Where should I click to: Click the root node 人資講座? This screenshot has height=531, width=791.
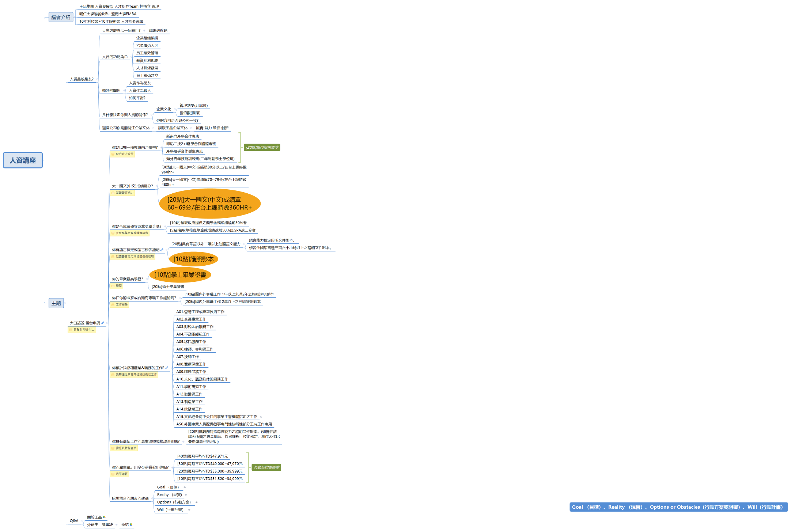(23, 160)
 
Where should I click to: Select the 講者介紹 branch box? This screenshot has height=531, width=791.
(61, 17)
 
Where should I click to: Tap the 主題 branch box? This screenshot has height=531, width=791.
(56, 303)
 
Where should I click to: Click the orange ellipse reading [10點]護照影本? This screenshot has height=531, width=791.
(193, 259)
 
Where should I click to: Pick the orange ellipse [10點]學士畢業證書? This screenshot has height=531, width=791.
(180, 275)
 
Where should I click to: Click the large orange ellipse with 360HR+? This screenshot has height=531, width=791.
(209, 204)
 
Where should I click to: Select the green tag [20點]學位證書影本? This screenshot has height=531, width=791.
(262, 148)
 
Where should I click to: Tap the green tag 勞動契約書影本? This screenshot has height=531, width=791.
(266, 467)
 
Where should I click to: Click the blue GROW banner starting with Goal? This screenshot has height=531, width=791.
(678, 507)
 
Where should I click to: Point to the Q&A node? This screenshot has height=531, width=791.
(74, 521)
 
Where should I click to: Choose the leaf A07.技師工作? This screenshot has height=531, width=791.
(188, 357)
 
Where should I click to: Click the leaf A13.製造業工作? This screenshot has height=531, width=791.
(189, 402)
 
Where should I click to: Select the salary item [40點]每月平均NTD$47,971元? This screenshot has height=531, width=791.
(203, 456)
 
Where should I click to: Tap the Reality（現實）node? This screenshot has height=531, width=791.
(169, 495)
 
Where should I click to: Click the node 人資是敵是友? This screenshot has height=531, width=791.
(82, 79)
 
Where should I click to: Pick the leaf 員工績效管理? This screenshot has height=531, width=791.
(147, 53)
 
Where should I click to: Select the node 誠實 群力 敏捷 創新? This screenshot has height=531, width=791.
(212, 128)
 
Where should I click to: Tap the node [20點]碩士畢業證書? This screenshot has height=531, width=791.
(168, 287)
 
